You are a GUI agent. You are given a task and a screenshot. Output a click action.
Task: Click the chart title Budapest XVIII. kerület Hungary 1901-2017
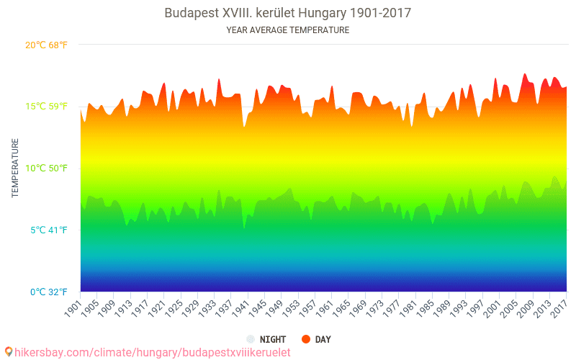point(288,13)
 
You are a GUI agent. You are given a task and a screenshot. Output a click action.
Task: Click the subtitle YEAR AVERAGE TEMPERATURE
point(288,30)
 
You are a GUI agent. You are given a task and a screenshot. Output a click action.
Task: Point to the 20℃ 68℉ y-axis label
point(46,45)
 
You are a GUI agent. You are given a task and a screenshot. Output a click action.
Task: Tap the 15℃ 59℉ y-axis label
point(46,107)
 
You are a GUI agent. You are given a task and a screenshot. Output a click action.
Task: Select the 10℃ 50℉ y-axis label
point(46,168)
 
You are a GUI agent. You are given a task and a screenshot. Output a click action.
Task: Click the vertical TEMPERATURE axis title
point(15,168)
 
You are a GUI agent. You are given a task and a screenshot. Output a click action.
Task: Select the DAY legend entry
point(323,339)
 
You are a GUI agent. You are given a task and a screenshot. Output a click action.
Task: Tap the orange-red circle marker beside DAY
point(306,339)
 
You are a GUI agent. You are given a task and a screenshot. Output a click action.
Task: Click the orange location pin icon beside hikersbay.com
point(8,351)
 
